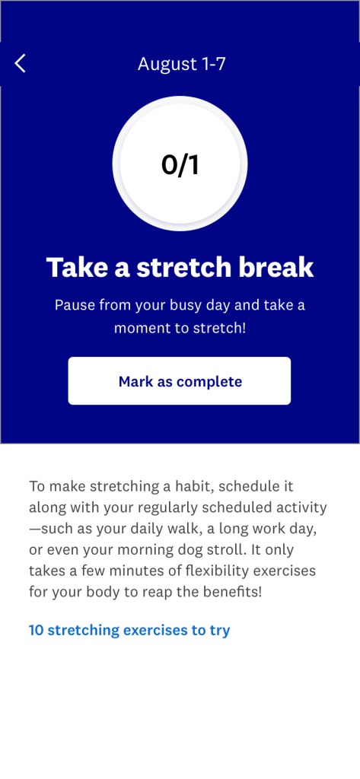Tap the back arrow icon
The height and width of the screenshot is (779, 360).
(x=20, y=64)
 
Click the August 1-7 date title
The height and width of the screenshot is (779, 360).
(x=181, y=64)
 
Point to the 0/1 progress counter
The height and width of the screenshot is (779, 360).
(x=180, y=164)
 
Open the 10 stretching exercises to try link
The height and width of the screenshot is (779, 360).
(x=129, y=630)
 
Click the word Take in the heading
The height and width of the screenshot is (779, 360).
(x=77, y=267)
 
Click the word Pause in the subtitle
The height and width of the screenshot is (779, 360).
(x=75, y=304)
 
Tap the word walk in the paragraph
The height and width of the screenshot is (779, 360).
(x=183, y=529)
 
